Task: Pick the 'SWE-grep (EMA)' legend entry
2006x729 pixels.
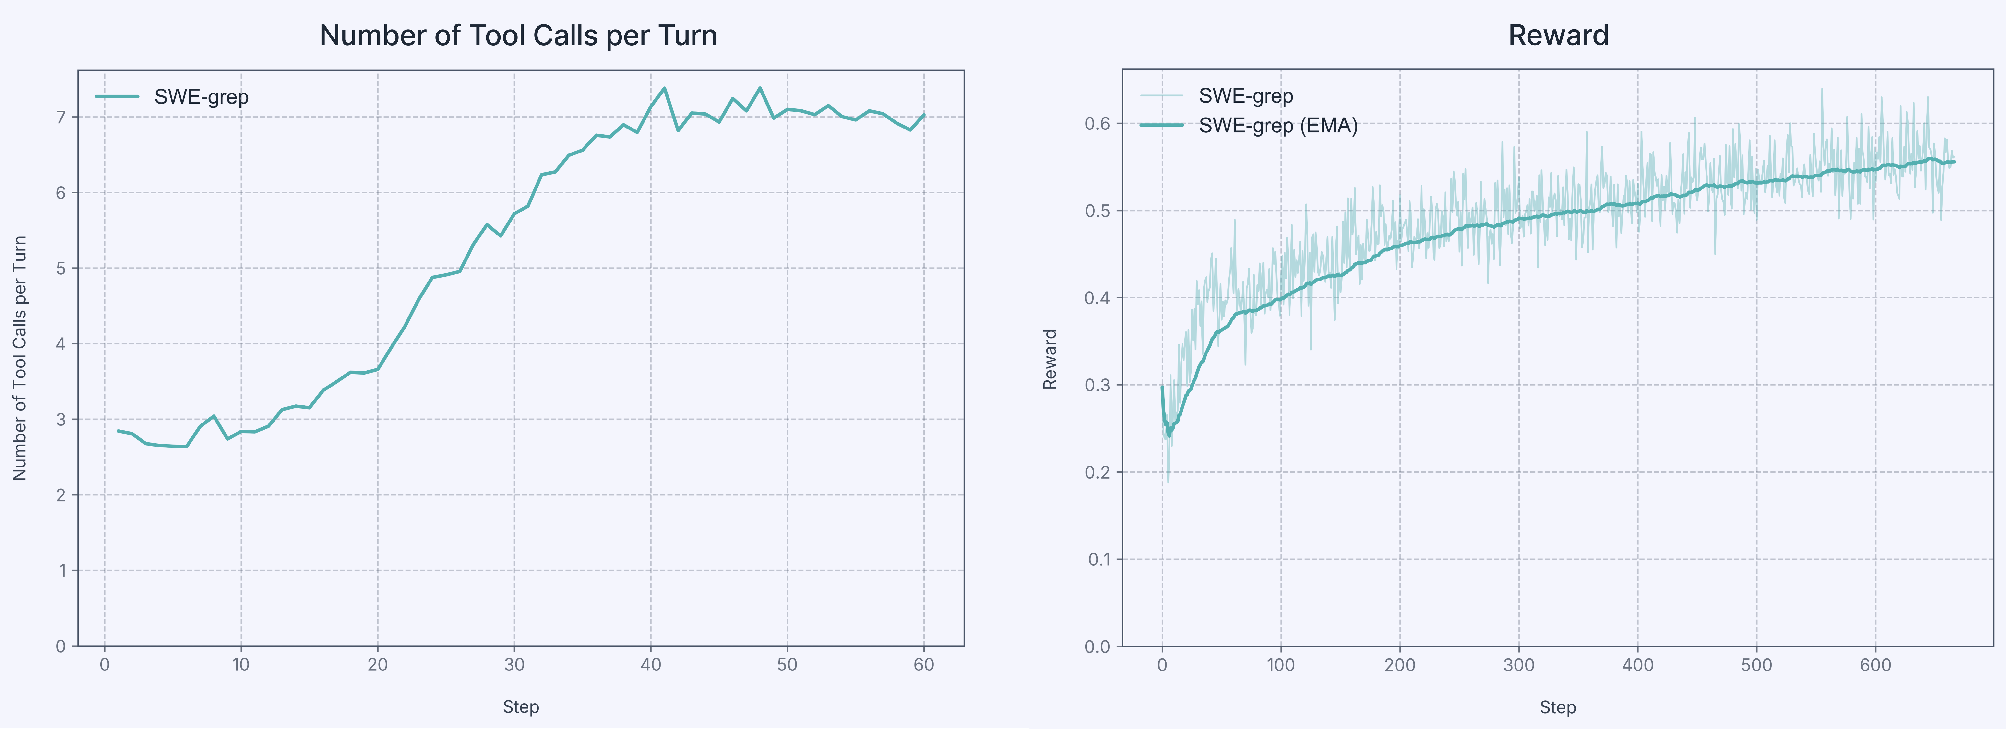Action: pos(1277,125)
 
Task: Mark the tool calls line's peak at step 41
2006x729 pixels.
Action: pos(664,88)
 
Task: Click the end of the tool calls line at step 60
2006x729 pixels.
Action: pos(924,115)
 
